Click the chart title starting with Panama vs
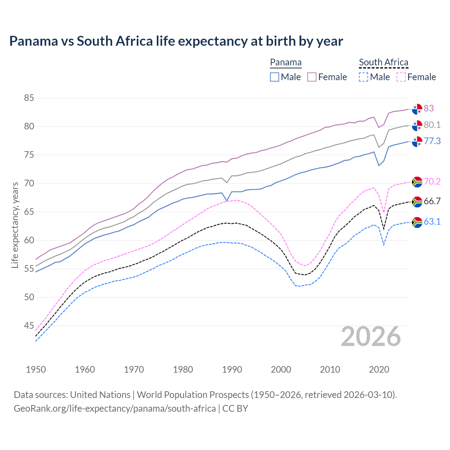(176, 41)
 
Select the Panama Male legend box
(275, 77)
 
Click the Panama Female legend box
(312, 77)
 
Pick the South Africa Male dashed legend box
(364, 77)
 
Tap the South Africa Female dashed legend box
(401, 77)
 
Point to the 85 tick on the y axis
(29, 98)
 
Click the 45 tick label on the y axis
(29, 326)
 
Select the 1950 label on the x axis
(36, 369)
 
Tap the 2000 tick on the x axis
(281, 369)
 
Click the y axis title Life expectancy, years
(15, 225)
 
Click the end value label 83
(429, 108)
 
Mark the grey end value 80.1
(432, 125)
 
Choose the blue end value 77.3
(432, 141)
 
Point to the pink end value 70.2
(432, 181)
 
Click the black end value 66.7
(432, 201)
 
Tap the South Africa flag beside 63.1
(417, 222)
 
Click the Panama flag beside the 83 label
(417, 109)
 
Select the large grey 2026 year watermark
(371, 336)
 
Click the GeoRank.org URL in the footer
(115, 409)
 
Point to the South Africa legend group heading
(384, 62)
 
